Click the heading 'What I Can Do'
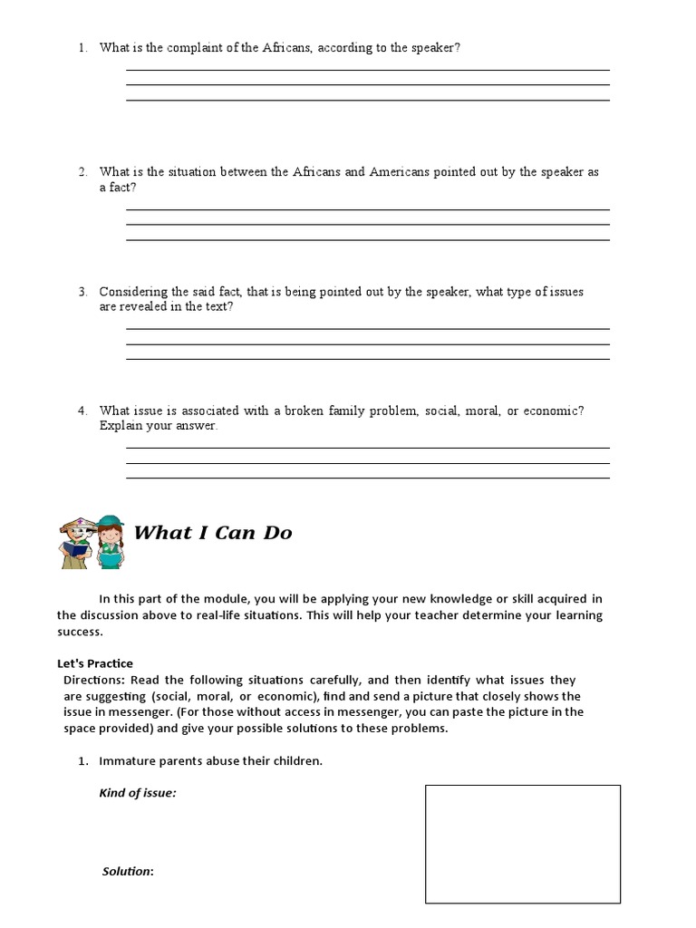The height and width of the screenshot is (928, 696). tap(213, 533)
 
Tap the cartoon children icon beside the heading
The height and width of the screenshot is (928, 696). tap(91, 541)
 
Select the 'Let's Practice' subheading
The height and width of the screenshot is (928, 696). tap(94, 664)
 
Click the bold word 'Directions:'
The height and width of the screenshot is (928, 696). tap(93, 680)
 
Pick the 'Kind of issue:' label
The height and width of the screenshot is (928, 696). tap(137, 793)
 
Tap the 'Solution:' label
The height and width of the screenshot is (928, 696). tap(127, 871)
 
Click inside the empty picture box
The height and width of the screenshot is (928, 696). tap(523, 844)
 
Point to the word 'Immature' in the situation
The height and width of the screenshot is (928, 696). tap(123, 761)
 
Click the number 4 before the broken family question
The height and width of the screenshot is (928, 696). tap(82, 411)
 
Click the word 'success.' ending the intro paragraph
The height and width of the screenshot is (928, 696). tap(79, 632)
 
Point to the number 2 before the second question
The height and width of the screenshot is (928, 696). tap(82, 171)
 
